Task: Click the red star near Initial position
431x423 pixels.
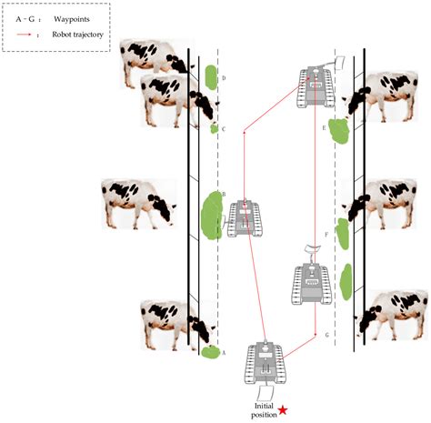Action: point(283,410)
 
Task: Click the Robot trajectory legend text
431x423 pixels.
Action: point(81,36)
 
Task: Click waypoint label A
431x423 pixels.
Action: point(225,352)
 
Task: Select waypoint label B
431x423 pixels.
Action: point(224,194)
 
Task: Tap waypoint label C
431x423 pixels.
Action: point(224,129)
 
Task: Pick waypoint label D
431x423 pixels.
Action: point(224,79)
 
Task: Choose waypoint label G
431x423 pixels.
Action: point(326,336)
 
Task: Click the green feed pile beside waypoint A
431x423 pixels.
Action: point(211,352)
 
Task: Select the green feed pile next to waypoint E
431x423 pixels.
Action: point(340,131)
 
